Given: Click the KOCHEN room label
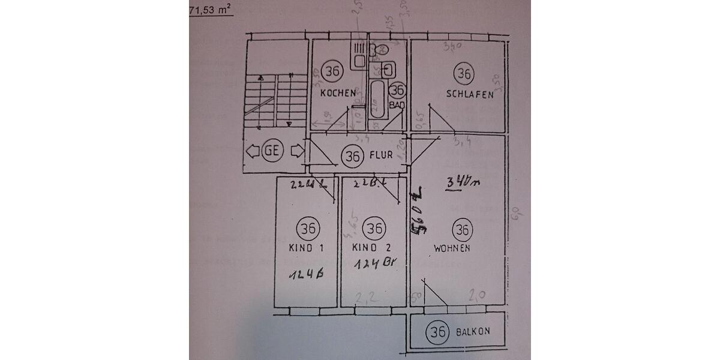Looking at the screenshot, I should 338,93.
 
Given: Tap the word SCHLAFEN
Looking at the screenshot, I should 470,94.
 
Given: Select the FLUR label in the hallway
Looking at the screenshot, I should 381,155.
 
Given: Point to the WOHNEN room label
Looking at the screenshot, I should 452,248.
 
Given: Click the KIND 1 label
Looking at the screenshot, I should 306,248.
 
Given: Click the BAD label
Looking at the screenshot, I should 397,104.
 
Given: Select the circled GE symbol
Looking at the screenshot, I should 271,152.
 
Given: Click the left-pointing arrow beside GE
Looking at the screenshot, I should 251,152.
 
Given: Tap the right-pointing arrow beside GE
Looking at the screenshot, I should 295,152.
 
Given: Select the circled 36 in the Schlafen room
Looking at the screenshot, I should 464,74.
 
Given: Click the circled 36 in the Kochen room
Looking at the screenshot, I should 332,71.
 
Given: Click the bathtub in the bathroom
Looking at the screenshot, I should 378,100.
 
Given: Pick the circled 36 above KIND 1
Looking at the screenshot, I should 308,229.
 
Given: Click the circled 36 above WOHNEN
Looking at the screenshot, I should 461,229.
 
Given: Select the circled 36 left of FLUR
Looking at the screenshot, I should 352,156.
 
